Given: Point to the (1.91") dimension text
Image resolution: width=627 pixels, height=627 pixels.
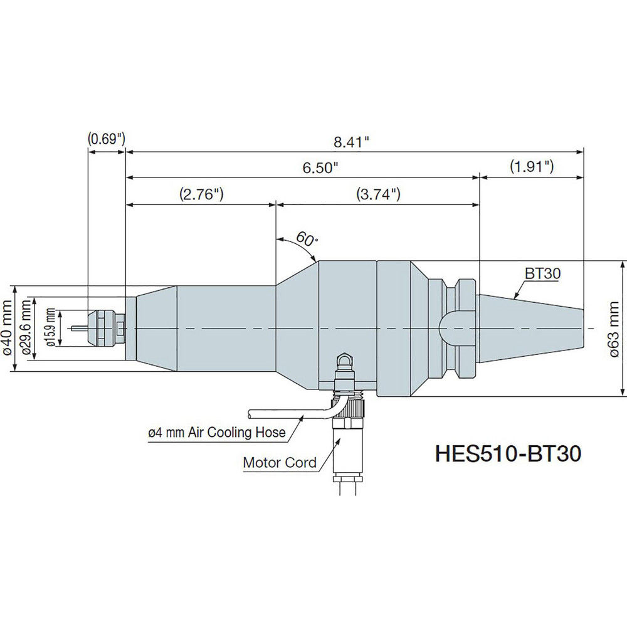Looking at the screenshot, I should pos(531,167).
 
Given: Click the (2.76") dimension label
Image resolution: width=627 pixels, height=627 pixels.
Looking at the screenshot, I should pos(202,194).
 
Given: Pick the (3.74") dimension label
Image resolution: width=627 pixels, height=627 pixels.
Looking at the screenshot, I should pos(378,194).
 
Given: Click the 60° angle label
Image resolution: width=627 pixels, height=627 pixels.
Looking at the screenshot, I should pos(305,239).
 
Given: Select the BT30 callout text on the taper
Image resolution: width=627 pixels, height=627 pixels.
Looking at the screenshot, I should pos(543,273).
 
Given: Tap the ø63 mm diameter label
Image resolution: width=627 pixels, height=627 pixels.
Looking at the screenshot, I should pos(614,329).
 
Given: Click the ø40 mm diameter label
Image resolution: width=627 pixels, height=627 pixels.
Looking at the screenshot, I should pos(8,329).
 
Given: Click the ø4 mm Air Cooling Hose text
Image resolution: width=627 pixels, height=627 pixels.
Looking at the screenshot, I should pos(216,432).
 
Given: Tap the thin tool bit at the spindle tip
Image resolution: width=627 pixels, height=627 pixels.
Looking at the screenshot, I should pos(80,328).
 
